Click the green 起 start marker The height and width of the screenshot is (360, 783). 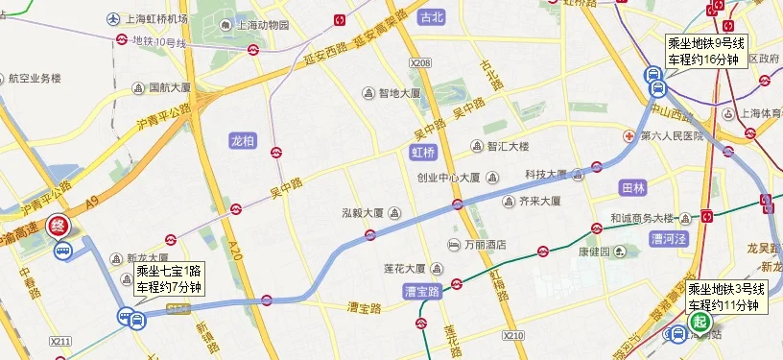tap(700, 324)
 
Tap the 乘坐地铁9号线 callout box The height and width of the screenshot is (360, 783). tap(705, 52)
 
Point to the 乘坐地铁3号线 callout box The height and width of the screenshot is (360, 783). tap(726, 297)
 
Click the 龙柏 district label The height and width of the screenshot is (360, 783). tap(243, 140)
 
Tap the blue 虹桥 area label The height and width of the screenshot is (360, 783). tap(422, 153)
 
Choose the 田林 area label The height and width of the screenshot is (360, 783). tap(633, 188)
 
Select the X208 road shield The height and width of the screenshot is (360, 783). tap(420, 62)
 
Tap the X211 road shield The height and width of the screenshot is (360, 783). tap(60, 341)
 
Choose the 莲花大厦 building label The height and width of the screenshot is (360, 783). tap(409, 268)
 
